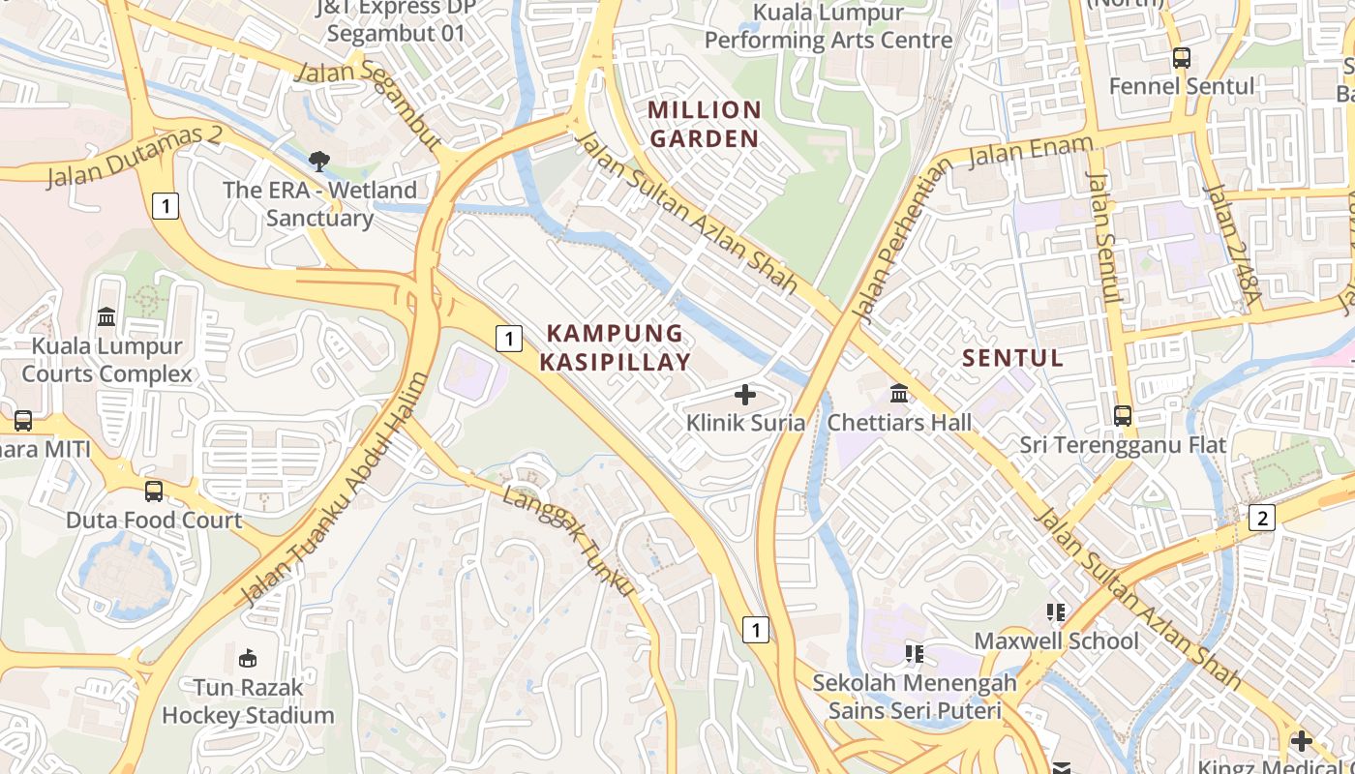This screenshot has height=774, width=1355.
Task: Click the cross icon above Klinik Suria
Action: tap(745, 394)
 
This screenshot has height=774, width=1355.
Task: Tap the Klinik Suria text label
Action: tap(745, 423)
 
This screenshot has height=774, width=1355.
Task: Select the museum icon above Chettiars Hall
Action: tap(899, 394)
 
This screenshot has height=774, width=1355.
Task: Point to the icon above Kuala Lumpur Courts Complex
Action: tap(106, 316)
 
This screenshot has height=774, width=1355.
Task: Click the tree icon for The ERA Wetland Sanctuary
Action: tap(318, 162)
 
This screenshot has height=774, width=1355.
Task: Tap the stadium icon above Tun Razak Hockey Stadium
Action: tap(248, 659)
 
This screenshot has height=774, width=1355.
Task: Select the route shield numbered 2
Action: tap(1261, 518)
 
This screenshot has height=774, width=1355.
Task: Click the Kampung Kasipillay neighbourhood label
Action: tap(616, 348)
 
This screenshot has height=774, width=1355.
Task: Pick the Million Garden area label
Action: tap(705, 125)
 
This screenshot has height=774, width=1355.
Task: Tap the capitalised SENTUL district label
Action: tap(1012, 358)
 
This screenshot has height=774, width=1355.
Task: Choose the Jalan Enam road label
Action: tap(1031, 152)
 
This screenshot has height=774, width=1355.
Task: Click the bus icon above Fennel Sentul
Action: tap(1181, 58)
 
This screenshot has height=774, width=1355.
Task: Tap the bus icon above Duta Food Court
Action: tap(153, 491)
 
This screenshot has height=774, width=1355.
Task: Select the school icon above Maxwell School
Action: tap(1056, 612)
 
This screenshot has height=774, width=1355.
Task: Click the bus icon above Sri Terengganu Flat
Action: tap(1122, 416)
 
